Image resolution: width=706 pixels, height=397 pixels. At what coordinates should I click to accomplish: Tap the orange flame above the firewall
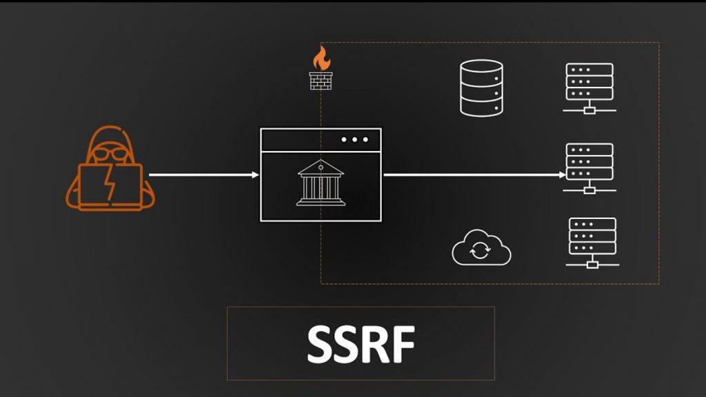click(320, 59)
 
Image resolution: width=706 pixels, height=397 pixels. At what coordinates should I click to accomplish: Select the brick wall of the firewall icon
click(320, 79)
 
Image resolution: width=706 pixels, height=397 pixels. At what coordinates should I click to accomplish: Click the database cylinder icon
click(481, 88)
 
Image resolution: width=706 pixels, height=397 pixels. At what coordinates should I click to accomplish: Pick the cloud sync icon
click(481, 249)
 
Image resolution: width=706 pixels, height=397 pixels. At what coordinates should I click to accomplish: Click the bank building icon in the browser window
click(321, 183)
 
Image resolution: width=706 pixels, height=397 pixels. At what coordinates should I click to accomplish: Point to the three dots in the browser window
click(354, 140)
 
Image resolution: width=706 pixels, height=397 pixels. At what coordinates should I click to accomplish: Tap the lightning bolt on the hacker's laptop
click(111, 184)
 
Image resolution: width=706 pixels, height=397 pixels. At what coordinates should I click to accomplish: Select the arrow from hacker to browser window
click(203, 175)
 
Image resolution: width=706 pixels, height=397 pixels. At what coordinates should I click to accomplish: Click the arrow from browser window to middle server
click(472, 175)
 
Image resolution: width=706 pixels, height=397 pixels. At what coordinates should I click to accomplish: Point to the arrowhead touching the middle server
click(562, 175)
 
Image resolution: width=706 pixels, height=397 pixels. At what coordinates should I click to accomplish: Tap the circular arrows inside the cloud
click(481, 251)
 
